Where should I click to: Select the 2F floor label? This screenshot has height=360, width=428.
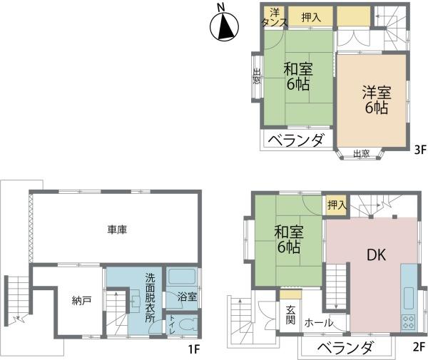[x=418, y=347]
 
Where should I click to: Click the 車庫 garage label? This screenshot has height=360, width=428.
[x=117, y=230]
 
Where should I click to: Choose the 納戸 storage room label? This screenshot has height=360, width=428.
[x=82, y=301]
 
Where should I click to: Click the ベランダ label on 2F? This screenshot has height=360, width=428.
[x=345, y=348]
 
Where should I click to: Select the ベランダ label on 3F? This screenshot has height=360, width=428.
[x=299, y=140]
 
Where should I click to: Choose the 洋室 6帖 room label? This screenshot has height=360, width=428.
[x=374, y=100]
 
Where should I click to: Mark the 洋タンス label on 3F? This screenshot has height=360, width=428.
[x=273, y=17]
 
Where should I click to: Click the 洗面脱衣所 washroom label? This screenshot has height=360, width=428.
[x=150, y=297]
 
